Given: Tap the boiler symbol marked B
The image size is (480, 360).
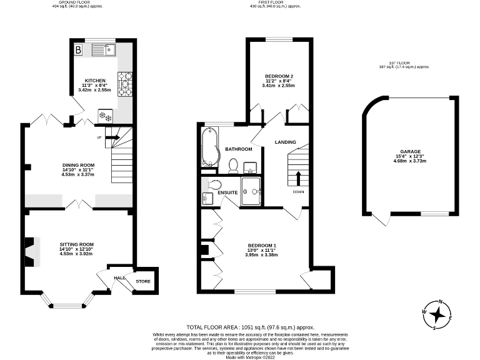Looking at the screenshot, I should [79, 49].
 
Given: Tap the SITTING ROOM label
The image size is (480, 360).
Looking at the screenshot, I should [76, 244].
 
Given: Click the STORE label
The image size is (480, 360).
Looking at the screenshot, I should [143, 282].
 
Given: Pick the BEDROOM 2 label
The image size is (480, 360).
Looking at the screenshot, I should [279, 76].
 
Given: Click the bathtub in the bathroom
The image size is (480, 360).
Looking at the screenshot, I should [208, 148].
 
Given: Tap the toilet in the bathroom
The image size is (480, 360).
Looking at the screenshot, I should [233, 165].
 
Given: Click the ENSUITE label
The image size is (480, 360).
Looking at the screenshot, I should [228, 192].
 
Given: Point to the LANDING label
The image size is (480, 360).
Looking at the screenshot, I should [285, 142].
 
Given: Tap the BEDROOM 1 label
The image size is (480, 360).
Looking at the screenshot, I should [262, 245].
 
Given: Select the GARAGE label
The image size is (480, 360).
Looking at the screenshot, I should [410, 151].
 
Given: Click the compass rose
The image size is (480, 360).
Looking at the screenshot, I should [437, 314].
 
